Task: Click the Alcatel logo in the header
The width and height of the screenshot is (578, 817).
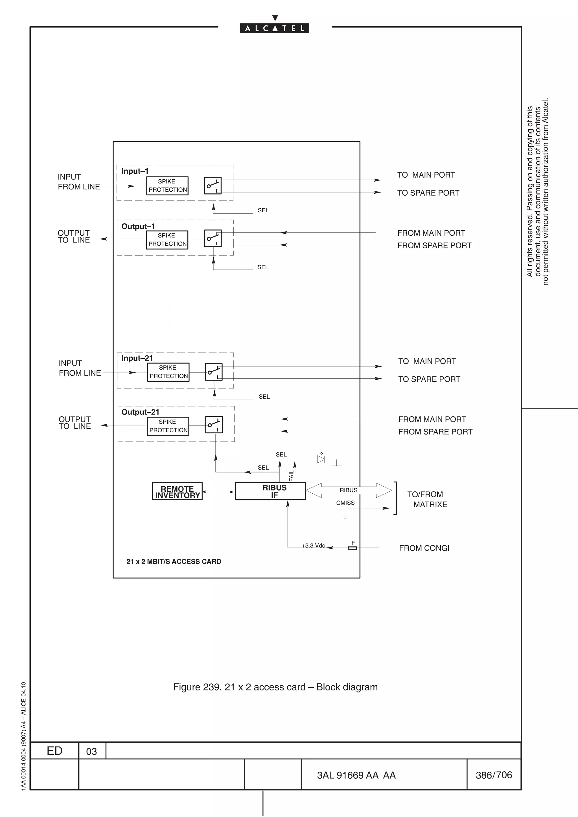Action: point(274,28)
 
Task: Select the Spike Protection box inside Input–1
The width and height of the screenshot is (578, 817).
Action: point(167,186)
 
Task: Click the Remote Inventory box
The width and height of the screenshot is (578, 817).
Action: point(177,492)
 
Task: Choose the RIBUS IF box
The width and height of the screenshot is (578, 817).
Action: point(270,491)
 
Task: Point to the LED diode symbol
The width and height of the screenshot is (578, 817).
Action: point(321,459)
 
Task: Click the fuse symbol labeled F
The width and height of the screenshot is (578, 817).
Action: point(352,548)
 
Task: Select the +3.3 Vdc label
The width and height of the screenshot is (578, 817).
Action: point(313,546)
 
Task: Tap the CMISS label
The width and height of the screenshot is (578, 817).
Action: point(345,503)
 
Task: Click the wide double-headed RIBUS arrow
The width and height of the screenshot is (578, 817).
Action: point(349,490)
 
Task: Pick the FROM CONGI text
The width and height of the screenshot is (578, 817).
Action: point(424,548)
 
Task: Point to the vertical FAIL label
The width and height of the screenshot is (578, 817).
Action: point(291,475)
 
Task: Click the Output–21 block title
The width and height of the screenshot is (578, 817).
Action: point(140,412)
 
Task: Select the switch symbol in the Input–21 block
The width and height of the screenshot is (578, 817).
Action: point(214,372)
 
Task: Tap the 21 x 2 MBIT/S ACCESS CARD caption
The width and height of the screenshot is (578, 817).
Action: point(174,562)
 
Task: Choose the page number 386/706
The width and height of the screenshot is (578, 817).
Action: point(494,775)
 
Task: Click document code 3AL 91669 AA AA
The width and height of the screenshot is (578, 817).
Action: point(356,775)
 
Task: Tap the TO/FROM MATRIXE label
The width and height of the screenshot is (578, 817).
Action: point(427,499)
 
